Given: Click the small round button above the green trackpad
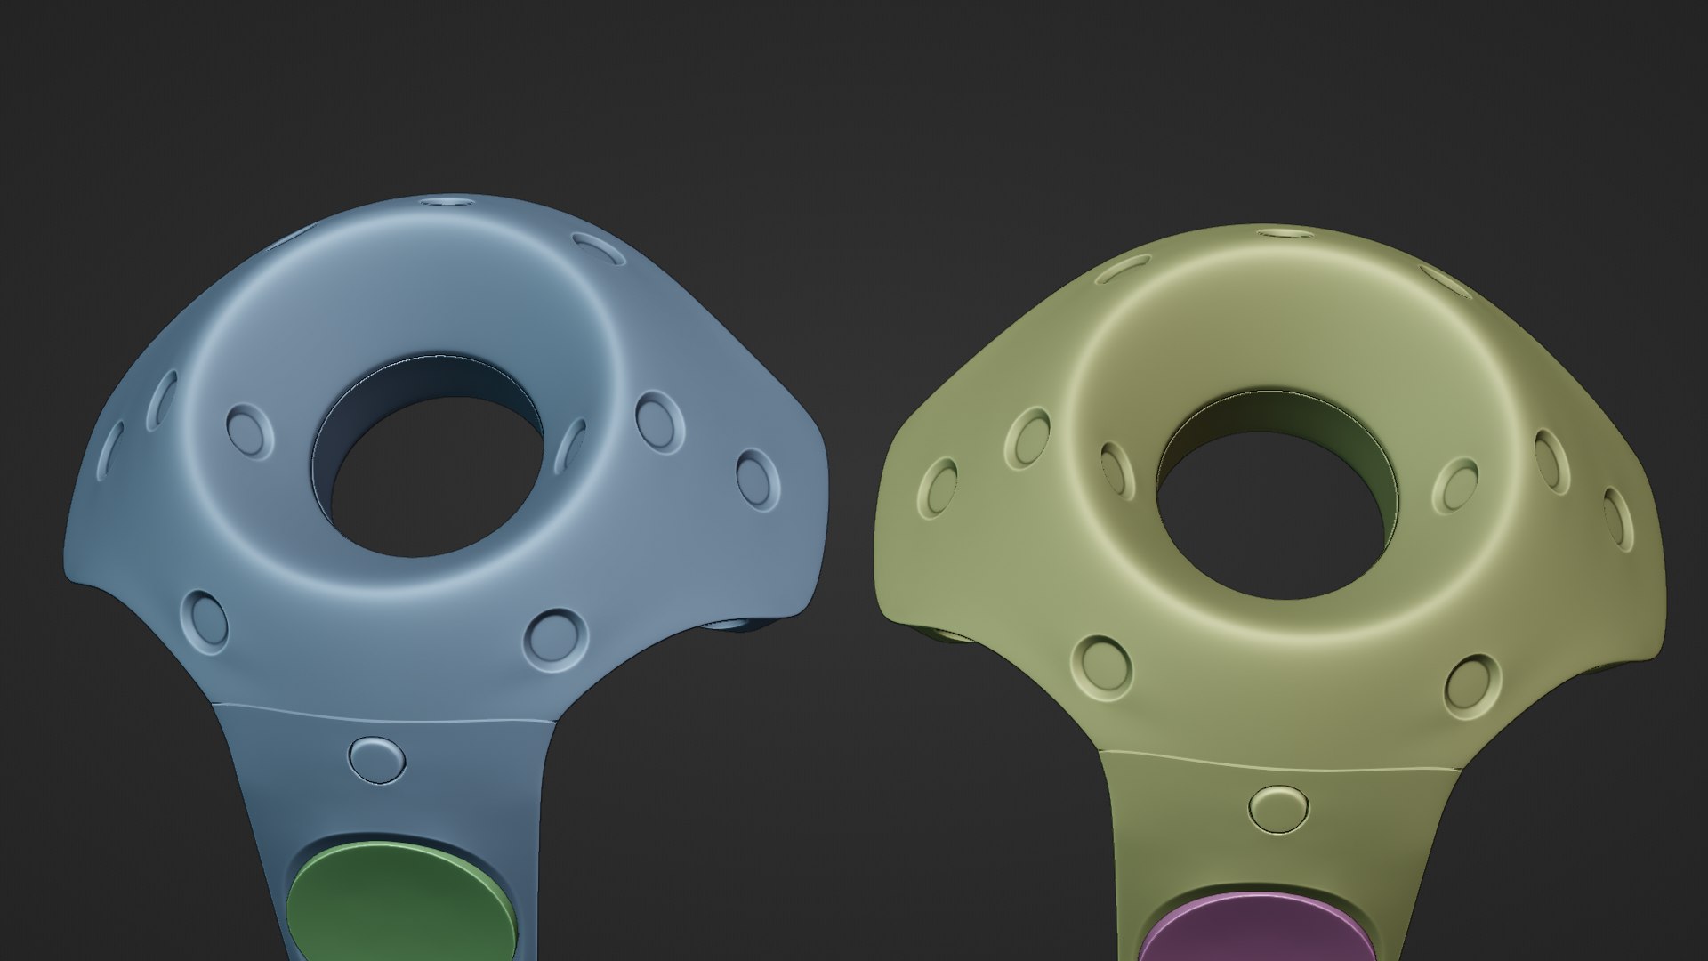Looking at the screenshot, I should (377, 759).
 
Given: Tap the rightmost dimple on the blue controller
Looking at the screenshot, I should (758, 479).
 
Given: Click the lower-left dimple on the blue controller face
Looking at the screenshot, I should (205, 618).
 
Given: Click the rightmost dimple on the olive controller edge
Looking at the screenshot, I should (1618, 520).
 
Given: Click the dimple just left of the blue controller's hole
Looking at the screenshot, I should (250, 432).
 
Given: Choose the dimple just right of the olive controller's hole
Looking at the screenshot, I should (1455, 485).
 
